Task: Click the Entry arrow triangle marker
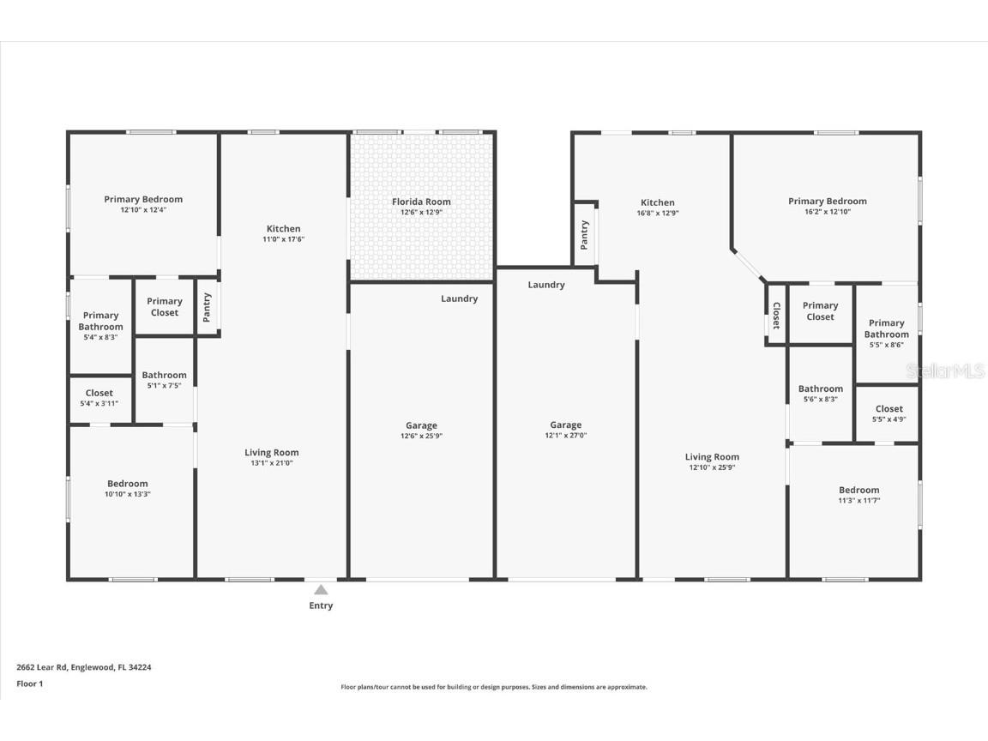click(320, 590)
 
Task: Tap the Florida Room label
click(421, 202)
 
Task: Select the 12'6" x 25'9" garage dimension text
click(421, 436)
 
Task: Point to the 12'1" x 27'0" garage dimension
click(565, 436)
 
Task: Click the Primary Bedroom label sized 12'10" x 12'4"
click(143, 199)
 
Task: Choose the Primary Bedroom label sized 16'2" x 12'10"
click(827, 202)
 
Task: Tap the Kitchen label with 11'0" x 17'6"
click(283, 229)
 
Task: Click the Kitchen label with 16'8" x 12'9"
click(657, 203)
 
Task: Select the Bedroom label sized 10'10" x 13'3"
click(128, 484)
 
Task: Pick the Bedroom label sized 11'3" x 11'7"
click(858, 490)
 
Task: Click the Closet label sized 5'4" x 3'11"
click(99, 393)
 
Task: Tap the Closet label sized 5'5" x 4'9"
click(889, 409)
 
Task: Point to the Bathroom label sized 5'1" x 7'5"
click(164, 375)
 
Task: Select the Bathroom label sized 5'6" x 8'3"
click(820, 389)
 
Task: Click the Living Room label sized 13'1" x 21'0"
click(271, 453)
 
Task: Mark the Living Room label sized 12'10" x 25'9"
click(712, 457)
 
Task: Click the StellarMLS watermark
click(946, 371)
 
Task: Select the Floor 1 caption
click(29, 684)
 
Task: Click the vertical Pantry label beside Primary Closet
click(207, 307)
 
